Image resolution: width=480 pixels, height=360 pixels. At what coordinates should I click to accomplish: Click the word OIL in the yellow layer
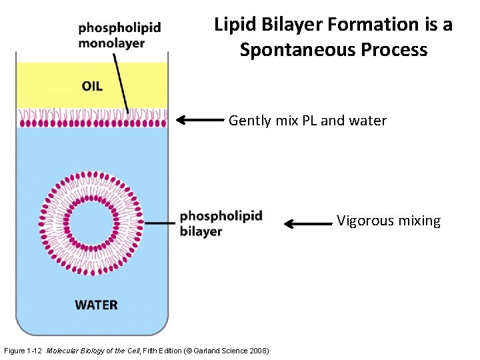click(92, 86)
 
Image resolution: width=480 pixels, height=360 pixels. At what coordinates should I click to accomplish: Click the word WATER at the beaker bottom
click(96, 305)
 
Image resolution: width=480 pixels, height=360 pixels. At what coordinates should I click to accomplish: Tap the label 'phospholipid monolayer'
click(119, 35)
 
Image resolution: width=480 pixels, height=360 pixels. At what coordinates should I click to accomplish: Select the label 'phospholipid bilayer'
click(221, 223)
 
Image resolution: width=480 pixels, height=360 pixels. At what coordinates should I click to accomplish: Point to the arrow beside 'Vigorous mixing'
click(308, 224)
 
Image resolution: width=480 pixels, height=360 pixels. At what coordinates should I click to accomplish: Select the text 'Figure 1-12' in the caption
click(23, 351)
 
